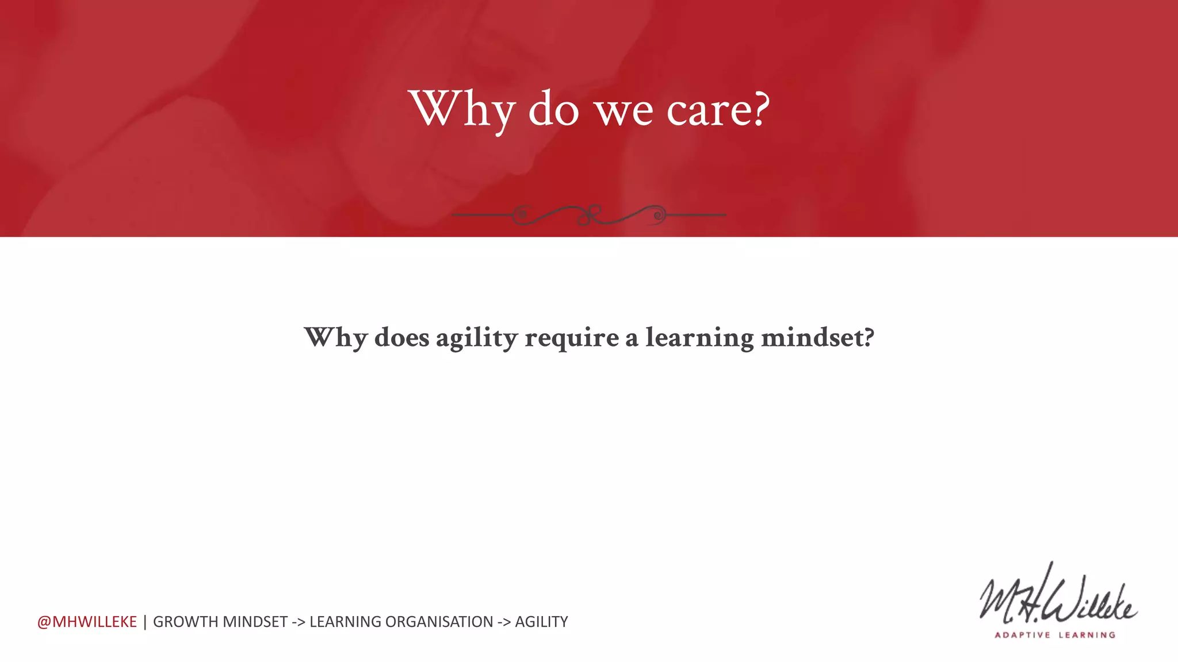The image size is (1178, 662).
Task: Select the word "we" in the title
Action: point(624,110)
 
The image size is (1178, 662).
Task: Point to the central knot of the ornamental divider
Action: point(588,215)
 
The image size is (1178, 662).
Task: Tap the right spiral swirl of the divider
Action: point(657,215)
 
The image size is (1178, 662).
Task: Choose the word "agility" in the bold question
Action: point(477,338)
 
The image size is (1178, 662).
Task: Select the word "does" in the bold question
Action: point(401,337)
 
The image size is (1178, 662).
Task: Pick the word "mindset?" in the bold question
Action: point(817,337)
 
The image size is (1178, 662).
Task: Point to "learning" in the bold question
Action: point(699,338)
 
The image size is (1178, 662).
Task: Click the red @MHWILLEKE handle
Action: point(87,622)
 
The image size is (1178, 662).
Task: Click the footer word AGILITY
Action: point(541,622)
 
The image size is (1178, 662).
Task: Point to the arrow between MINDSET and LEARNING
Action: point(298,622)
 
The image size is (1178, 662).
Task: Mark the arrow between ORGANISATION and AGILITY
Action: point(504,622)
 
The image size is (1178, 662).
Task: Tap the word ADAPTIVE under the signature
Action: point(1022,635)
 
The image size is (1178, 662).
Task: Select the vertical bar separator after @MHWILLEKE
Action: point(145,622)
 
